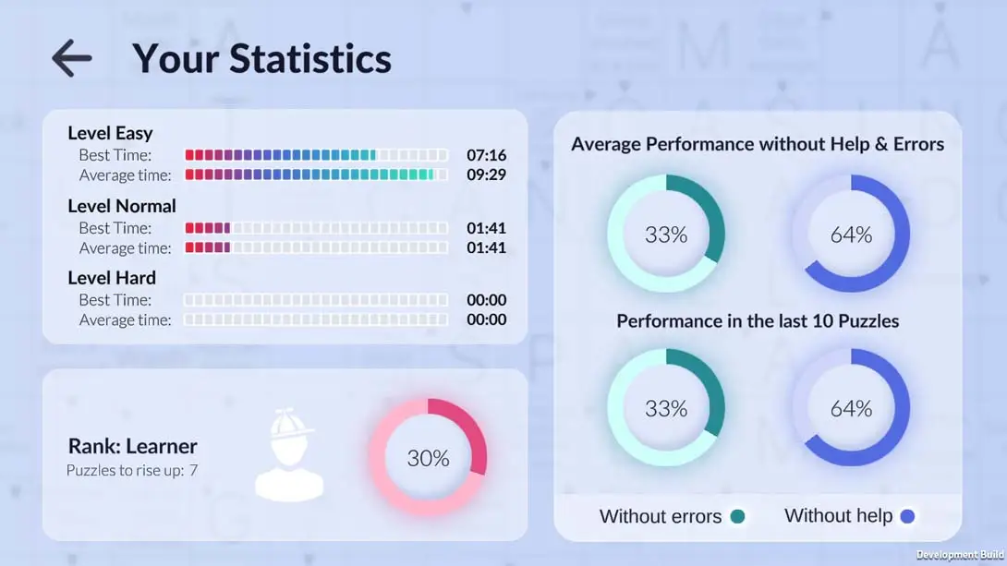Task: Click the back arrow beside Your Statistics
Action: pos(71,58)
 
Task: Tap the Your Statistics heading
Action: pos(261,58)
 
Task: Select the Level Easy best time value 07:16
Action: pos(486,155)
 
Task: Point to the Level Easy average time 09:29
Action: pos(486,175)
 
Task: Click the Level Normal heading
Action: pos(122,206)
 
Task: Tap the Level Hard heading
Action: pos(112,278)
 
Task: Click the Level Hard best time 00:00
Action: pos(486,300)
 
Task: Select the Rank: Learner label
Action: pos(132,447)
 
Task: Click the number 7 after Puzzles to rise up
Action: pos(193,471)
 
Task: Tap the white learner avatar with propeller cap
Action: pos(289,455)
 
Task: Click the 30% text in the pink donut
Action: pos(428,458)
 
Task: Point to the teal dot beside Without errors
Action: pos(737,517)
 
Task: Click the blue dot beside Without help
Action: pos(907,517)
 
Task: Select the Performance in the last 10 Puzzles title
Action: pos(758,321)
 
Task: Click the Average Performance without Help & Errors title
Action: pos(758,144)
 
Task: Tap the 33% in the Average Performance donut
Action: pos(666,235)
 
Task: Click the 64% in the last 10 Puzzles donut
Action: pos(851,408)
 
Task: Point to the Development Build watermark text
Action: pos(960,555)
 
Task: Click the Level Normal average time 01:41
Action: pos(486,247)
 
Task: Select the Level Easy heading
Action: pos(110,133)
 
